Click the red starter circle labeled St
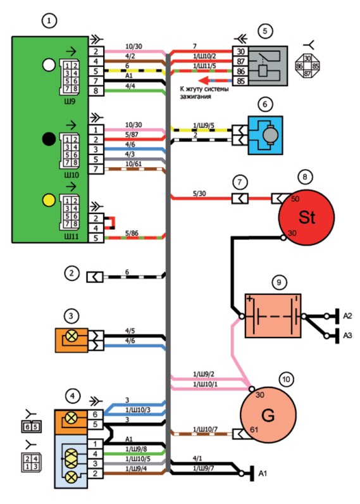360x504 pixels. coord(306,217)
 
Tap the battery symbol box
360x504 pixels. coord(273,316)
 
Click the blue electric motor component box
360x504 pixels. coord(265,135)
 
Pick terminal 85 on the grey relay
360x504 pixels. coord(240,81)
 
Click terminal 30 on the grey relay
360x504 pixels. coord(240,51)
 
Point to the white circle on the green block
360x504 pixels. coord(49,65)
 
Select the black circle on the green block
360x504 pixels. coord(49,139)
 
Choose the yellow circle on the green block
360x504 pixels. coord(49,201)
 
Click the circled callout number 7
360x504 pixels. coord(240,182)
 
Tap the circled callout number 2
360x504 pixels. coord(71,274)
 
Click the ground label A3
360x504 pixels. coord(347,336)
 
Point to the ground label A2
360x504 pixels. coord(347,316)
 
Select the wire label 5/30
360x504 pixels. coord(199,194)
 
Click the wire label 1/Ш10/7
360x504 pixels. coord(205,429)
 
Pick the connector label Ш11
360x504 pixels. coord(71,237)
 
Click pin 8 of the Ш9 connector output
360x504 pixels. coord(96,91)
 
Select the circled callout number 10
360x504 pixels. coord(286,380)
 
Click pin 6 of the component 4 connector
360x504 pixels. coord(95,414)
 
